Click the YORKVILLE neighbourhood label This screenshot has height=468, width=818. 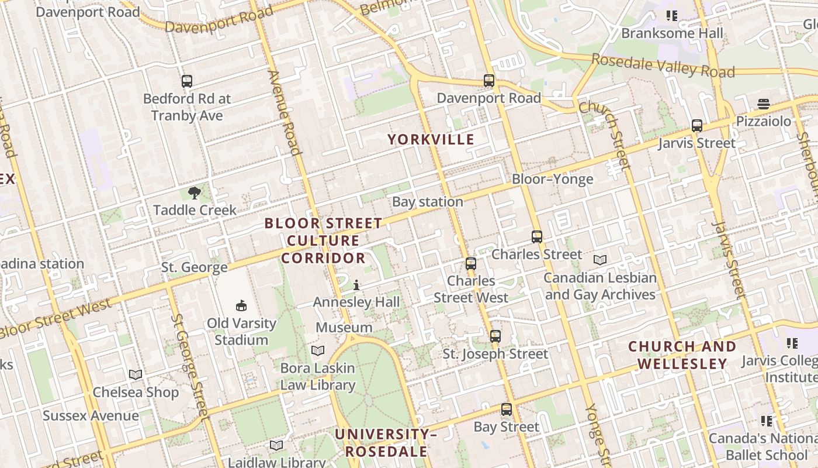(431, 139)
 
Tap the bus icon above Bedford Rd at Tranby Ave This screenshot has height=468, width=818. (187, 81)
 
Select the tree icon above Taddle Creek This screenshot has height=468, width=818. (195, 192)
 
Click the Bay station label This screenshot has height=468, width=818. (428, 202)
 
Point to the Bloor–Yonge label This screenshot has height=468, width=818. (552, 179)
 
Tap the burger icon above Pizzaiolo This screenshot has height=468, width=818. (764, 104)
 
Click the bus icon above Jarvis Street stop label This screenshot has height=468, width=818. (696, 126)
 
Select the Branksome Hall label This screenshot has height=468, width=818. (672, 33)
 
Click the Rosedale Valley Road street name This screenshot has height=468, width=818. (663, 66)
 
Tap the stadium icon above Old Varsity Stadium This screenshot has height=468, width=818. (241, 305)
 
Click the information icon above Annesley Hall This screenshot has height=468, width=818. (356, 285)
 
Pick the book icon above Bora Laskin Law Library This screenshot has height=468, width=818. (318, 350)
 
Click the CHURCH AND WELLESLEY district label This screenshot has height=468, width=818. (682, 355)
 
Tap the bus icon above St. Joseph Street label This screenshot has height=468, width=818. (495, 336)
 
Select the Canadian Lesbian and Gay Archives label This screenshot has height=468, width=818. (600, 286)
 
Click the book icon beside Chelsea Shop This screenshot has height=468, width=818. (136, 374)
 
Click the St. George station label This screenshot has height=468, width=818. (195, 268)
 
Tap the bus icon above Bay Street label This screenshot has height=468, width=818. (507, 409)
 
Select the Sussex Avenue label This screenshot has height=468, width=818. (91, 416)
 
